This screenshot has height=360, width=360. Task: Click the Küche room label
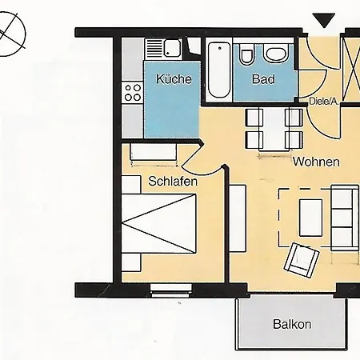pyautogui.click(x=174, y=79)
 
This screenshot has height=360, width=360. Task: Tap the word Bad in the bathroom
pyautogui.click(x=263, y=79)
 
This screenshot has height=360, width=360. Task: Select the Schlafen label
pyautogui.click(x=173, y=182)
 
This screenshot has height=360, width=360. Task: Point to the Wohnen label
pyautogui.click(x=316, y=162)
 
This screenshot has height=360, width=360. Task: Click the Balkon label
pyautogui.click(x=292, y=324)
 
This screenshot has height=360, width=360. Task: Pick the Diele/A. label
pyautogui.click(x=323, y=102)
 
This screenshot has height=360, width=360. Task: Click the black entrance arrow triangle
pyautogui.click(x=324, y=20)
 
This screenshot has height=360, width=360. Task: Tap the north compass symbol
pyautogui.click(x=10, y=34)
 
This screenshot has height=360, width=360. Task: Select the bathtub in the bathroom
pyautogui.click(x=219, y=70)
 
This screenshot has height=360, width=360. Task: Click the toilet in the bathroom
pyautogui.click(x=246, y=54)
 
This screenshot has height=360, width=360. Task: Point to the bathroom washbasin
pyautogui.click(x=276, y=53)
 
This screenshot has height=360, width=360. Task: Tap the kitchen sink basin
pyautogui.click(x=173, y=48)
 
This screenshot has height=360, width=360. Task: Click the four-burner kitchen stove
pyautogui.click(x=133, y=93)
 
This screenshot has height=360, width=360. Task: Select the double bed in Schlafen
pyautogui.click(x=159, y=223)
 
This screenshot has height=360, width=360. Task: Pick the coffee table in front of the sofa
pyautogui.click(x=310, y=218)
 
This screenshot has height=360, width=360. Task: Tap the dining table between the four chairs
pyautogui.click(x=274, y=130)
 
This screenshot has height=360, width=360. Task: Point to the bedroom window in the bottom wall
pyautogui.click(x=171, y=290)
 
